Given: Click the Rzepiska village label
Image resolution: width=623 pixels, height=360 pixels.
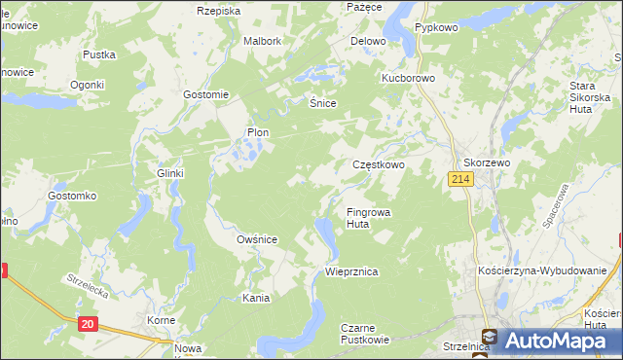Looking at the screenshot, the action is tap(218, 11).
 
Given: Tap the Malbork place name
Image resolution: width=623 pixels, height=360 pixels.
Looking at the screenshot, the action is tap(262, 42).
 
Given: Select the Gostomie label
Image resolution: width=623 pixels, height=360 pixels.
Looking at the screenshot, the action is tap(205, 94).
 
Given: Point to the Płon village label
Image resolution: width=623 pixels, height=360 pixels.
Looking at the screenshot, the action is tap(257, 132).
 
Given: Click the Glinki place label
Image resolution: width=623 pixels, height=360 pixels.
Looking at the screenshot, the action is tap(170, 173).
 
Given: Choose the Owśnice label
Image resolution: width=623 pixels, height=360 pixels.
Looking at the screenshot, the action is tap(257, 239).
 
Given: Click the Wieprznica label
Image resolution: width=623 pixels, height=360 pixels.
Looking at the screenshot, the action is tap(351, 272).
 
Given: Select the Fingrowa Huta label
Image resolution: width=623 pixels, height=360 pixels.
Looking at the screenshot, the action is tap(369, 217).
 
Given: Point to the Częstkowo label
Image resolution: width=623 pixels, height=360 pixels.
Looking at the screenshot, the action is tap(378, 165).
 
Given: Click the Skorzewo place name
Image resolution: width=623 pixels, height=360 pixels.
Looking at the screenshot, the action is tap(487, 163).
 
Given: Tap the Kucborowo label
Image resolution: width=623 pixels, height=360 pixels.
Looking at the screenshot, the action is tap(408, 76).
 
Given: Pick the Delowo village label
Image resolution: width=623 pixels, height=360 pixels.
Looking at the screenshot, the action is tap(368, 42).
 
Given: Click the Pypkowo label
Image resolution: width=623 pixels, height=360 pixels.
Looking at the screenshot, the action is tap(436, 28).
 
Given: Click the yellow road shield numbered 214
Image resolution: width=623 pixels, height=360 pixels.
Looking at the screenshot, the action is tap(460, 180).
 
